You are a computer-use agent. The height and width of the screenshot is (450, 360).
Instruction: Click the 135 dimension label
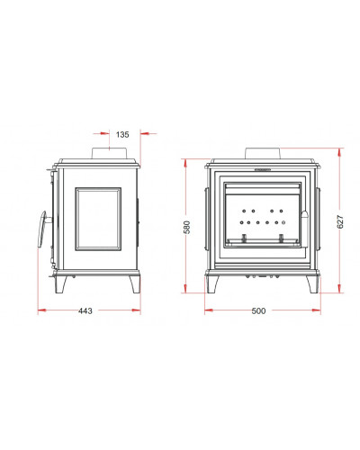[122, 134]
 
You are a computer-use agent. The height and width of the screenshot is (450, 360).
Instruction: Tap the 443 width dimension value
[85, 310]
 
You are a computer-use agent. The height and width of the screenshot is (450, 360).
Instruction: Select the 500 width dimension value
[258, 310]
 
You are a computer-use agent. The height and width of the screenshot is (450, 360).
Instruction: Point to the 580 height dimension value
[186, 227]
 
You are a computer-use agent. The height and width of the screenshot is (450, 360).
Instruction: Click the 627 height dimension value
[340, 221]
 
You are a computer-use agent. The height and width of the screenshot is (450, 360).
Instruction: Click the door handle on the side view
[43, 229]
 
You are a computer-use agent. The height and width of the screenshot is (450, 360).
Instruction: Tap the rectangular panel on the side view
[98, 219]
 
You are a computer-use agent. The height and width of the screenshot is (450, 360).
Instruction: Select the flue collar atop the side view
[110, 153]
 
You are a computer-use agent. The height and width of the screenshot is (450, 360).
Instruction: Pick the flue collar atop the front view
[263, 153]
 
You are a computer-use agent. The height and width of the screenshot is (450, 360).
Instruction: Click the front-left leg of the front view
[212, 284]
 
